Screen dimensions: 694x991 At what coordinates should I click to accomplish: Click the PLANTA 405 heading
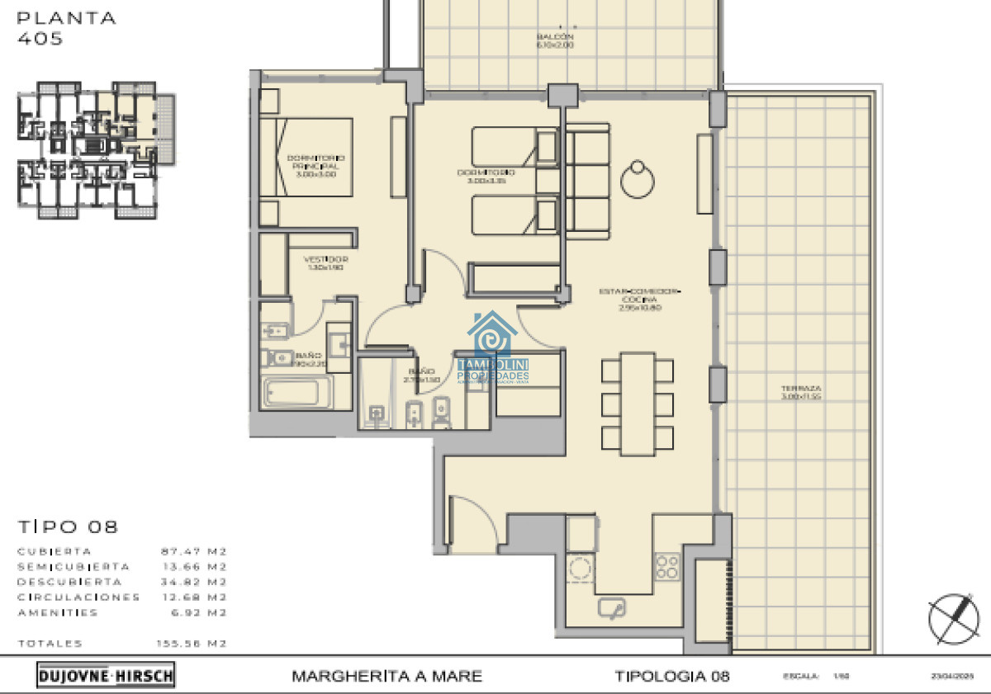pos(67,27)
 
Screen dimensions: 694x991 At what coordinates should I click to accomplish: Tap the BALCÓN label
pos(555,41)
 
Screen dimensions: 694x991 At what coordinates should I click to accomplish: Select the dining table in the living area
pos(637,403)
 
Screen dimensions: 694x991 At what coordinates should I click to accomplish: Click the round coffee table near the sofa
pos(638,179)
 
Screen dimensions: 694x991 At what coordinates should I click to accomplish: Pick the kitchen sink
pos(612,609)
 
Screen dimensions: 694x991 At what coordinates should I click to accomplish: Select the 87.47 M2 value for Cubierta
pos(193,551)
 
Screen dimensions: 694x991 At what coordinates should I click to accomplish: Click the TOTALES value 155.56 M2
pos(192,644)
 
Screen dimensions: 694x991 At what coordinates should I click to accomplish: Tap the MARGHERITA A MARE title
pos(386,677)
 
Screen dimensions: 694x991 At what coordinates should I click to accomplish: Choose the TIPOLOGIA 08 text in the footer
pos(672,677)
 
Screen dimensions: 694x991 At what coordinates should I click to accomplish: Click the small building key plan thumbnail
pos(97,150)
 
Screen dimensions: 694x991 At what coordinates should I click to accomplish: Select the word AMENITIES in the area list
pos(58,613)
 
